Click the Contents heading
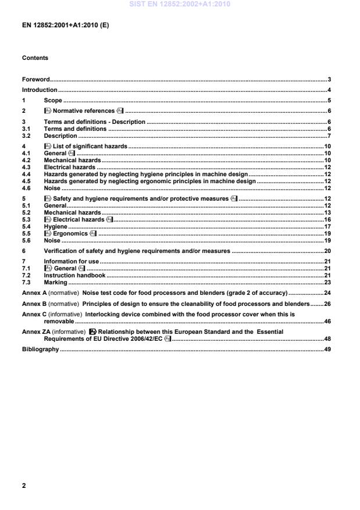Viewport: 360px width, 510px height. tap(35, 58)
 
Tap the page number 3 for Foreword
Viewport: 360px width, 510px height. tap(329, 79)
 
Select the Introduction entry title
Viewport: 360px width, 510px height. tap(40, 90)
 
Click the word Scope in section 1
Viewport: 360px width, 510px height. tap(53, 101)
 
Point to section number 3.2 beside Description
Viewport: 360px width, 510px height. tap(26, 136)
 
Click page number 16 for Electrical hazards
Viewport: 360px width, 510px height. tap(327, 219)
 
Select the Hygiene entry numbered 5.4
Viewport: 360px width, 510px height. tap(56, 227)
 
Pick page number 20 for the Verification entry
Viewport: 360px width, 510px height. tap(327, 251)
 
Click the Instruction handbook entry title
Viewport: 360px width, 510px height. tap(74, 275)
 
